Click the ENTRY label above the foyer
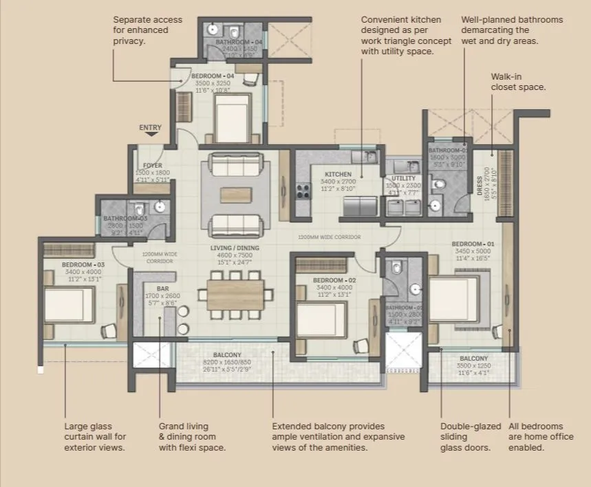(150, 128)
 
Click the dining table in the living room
(235, 294)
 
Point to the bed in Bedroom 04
(231, 118)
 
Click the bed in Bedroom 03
(68, 307)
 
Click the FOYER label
(152, 166)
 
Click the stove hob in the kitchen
(302, 190)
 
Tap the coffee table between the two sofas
(235, 194)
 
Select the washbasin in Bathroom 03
(160, 206)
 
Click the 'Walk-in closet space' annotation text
(518, 82)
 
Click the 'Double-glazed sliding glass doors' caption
(471, 437)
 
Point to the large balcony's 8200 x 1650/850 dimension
(226, 361)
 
